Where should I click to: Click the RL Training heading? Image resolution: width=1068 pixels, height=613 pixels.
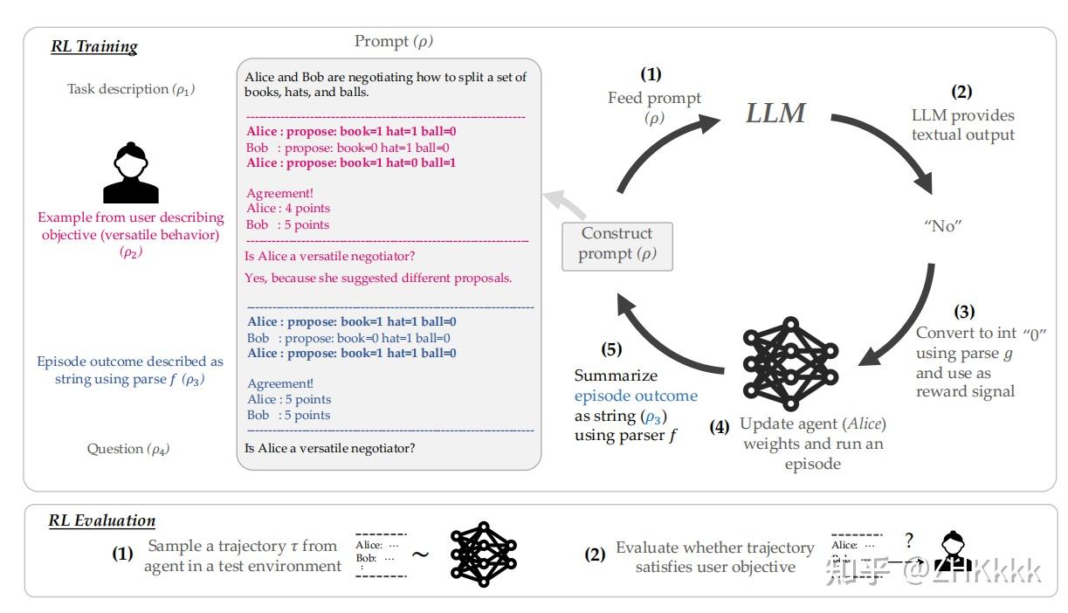(x=94, y=47)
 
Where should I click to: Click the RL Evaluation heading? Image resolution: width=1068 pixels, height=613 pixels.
(x=101, y=521)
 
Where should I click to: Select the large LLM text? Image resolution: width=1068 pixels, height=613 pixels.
(x=776, y=113)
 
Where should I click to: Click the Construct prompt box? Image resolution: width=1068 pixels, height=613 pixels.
(x=617, y=244)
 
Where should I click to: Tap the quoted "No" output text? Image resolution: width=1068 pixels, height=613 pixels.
(x=941, y=225)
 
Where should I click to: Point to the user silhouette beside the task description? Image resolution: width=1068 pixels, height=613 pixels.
(x=131, y=174)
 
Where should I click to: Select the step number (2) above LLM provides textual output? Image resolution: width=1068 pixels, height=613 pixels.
(x=961, y=91)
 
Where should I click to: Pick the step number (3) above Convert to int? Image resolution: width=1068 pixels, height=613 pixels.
(x=964, y=312)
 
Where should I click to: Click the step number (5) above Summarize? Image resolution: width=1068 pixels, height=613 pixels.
(x=612, y=349)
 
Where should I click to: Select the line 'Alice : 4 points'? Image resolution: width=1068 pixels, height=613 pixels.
(x=288, y=209)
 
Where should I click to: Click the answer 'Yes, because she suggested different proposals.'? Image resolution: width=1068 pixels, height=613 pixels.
(x=378, y=278)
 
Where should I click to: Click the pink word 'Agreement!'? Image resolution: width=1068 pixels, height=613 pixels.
(x=279, y=193)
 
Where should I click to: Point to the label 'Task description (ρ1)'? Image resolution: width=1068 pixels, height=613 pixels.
(x=131, y=89)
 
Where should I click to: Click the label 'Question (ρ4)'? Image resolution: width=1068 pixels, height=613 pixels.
(x=128, y=449)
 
